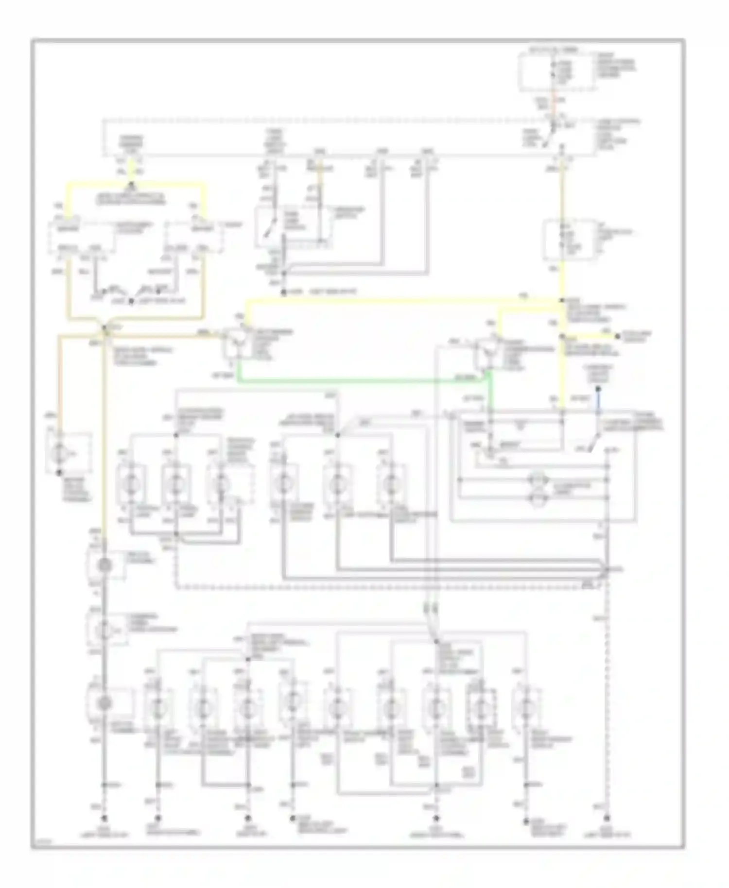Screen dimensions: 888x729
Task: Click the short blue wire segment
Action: pyautogui.click(x=598, y=401)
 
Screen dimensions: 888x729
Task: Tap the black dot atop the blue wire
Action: pyautogui.click(x=598, y=389)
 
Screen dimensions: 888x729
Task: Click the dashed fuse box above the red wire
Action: pyautogui.click(x=556, y=72)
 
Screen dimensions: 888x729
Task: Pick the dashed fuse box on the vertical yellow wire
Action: pyautogui.click(x=569, y=239)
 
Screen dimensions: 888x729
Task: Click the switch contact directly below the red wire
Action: pyautogui.click(x=554, y=127)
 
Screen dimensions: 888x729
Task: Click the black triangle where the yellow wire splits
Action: pyautogui.click(x=132, y=185)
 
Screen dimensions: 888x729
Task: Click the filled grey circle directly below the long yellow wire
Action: pyautogui.click(x=104, y=565)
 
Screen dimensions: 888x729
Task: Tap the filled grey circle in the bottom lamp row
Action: pyautogui.click(x=104, y=703)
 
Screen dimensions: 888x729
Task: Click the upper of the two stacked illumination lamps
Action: pyautogui.click(x=536, y=480)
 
